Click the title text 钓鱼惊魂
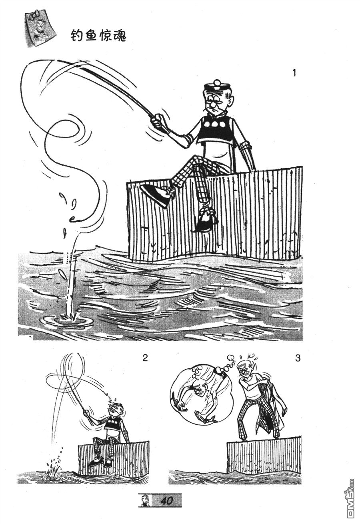point(98,37)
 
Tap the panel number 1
point(294,73)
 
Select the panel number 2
point(145,358)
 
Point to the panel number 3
point(298,358)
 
